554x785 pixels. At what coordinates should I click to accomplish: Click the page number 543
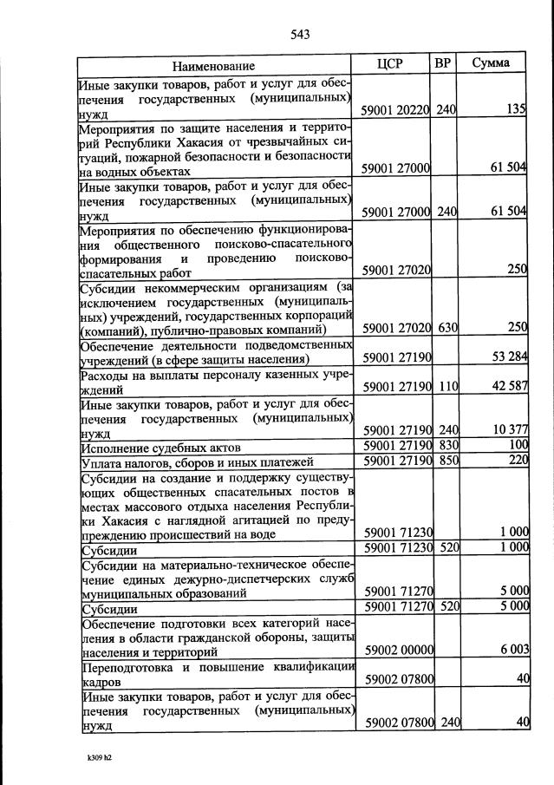pyautogui.click(x=300, y=34)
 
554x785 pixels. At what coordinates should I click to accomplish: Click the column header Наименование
pyautogui.click(x=213, y=66)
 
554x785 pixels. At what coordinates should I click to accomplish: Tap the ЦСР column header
pyautogui.click(x=392, y=64)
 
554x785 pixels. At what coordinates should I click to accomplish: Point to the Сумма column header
pyautogui.click(x=490, y=64)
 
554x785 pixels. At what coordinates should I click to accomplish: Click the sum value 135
pyautogui.click(x=517, y=110)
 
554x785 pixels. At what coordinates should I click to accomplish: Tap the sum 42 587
pyautogui.click(x=507, y=386)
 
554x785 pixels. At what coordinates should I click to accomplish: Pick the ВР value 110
pyautogui.click(x=446, y=386)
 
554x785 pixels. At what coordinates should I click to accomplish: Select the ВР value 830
pyautogui.click(x=446, y=445)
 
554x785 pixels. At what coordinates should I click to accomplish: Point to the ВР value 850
pyautogui.click(x=446, y=460)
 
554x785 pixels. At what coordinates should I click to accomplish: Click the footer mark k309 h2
pyautogui.click(x=100, y=756)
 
